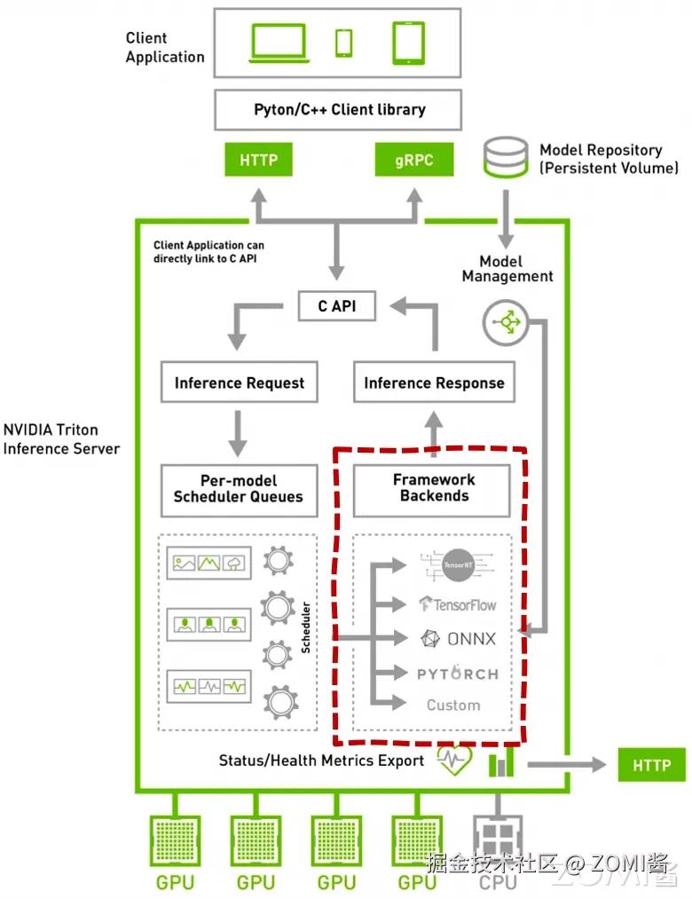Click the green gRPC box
pyautogui.click(x=413, y=161)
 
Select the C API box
pyautogui.click(x=336, y=306)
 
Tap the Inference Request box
pyautogui.click(x=239, y=382)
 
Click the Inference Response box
pyautogui.click(x=434, y=382)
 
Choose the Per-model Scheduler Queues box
pyautogui.click(x=238, y=488)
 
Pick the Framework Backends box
pyautogui.click(x=434, y=487)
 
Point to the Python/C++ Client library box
pyautogui.click(x=339, y=110)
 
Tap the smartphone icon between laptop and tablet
pyautogui.click(x=343, y=42)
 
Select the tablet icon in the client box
pyautogui.click(x=409, y=42)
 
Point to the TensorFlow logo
pyautogui.click(x=458, y=604)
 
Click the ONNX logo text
pyautogui.click(x=458, y=638)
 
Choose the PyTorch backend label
pyautogui.click(x=457, y=674)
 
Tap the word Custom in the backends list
pyautogui.click(x=453, y=706)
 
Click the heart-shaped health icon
pyautogui.click(x=454, y=761)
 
